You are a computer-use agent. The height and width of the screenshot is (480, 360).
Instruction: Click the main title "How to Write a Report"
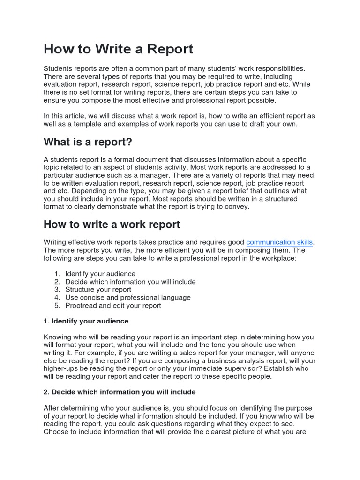pos(118,49)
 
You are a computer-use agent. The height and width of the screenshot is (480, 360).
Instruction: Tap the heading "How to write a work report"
pos(112,225)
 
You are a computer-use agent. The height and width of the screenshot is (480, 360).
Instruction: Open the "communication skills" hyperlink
pos(279,242)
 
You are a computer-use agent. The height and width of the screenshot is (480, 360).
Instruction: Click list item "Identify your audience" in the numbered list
pos(100,274)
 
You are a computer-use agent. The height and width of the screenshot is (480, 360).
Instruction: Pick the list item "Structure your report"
pos(98,290)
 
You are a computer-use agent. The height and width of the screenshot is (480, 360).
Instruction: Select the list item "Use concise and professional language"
pos(127,298)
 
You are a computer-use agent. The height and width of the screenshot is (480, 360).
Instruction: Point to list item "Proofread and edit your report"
pos(113,306)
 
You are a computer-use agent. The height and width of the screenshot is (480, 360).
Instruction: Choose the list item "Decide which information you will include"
pos(130,282)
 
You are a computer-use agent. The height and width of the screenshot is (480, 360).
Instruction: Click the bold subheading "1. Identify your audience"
pos(86,321)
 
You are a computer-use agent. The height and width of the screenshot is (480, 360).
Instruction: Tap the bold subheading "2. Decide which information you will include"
pos(120,392)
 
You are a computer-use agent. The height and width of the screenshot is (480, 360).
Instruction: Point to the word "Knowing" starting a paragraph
pos(57,337)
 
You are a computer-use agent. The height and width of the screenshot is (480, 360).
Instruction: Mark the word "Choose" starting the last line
pos(55,432)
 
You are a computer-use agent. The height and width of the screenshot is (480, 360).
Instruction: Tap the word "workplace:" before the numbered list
pos(279,258)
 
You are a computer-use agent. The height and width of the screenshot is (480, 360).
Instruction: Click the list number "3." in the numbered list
pos(57,290)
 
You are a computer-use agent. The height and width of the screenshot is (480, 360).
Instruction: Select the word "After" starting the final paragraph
pos(52,408)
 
